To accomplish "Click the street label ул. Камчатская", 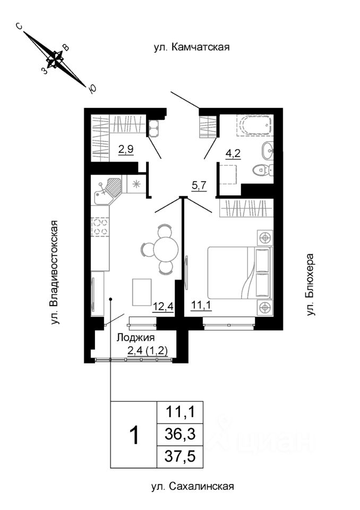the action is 191,48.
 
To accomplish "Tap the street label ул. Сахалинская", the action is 192,486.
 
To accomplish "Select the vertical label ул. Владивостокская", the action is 54,271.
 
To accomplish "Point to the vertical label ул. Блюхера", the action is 311,285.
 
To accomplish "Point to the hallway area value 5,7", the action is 199,186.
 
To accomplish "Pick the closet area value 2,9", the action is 125,149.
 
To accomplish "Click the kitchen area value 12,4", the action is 162,306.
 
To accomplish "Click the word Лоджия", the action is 135,337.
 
